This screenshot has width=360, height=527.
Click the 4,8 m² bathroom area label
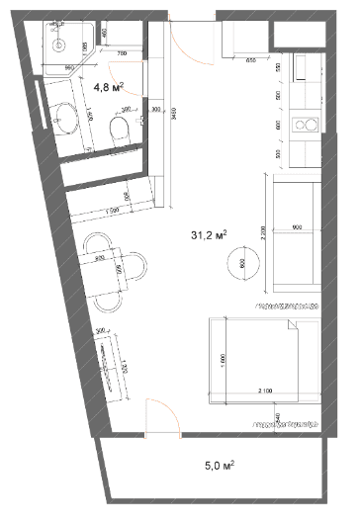[107, 87]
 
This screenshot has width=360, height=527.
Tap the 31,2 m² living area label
[208, 235]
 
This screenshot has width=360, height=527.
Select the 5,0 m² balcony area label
[219, 463]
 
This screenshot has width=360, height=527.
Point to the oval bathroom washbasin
[67, 118]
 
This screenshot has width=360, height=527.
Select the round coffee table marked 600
[243, 264]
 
